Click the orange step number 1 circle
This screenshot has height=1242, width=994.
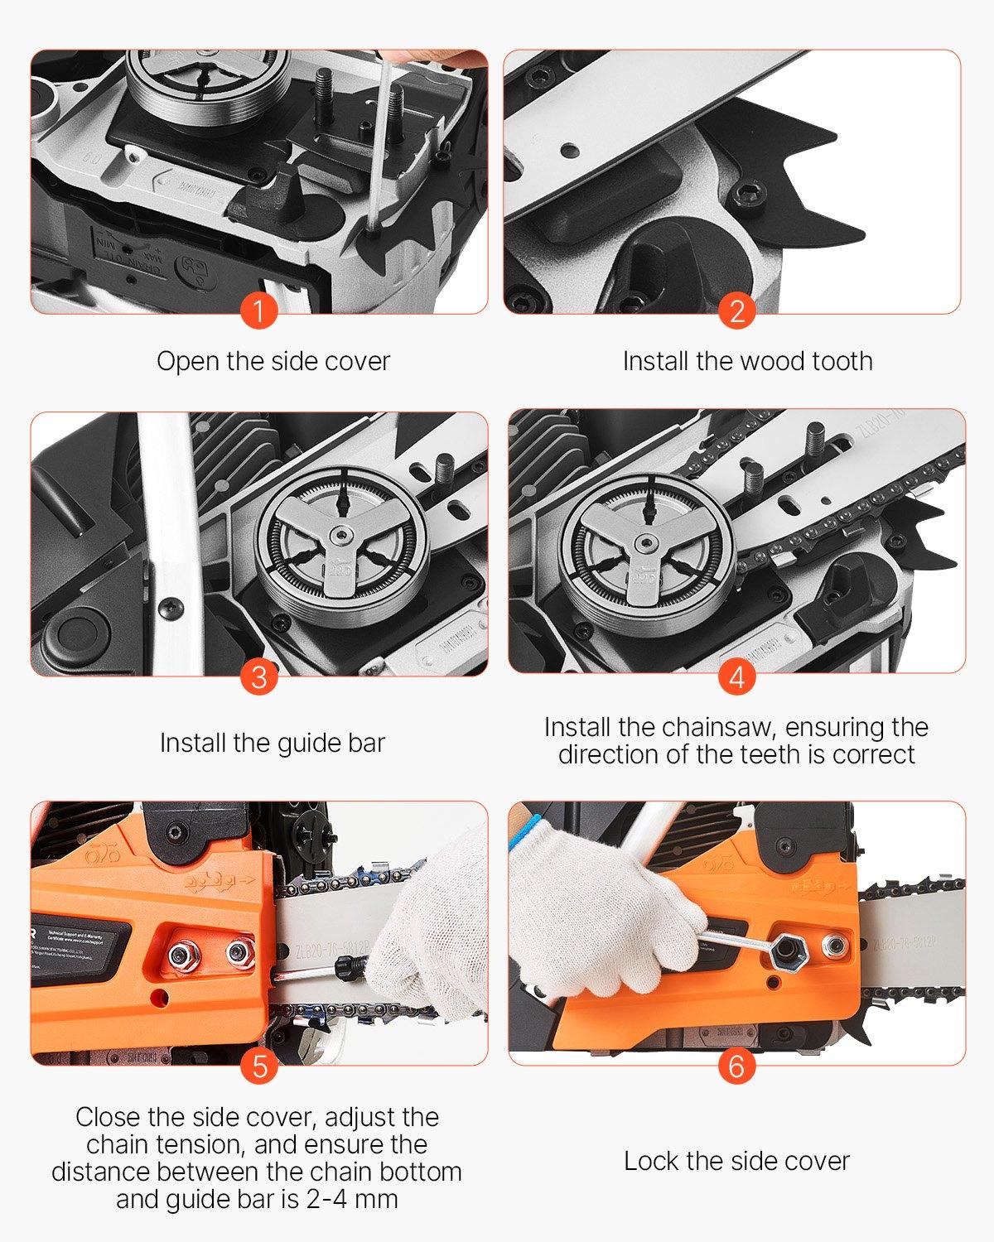pyautogui.click(x=259, y=312)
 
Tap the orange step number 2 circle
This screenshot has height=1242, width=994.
pyautogui.click(x=736, y=312)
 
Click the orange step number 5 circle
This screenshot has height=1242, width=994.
pyautogui.click(x=259, y=1066)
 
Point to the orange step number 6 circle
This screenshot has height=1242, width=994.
pyautogui.click(x=736, y=1066)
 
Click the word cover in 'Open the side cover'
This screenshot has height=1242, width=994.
pyautogui.click(x=357, y=362)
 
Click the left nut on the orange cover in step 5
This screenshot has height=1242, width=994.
pyautogui.click(x=182, y=957)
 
